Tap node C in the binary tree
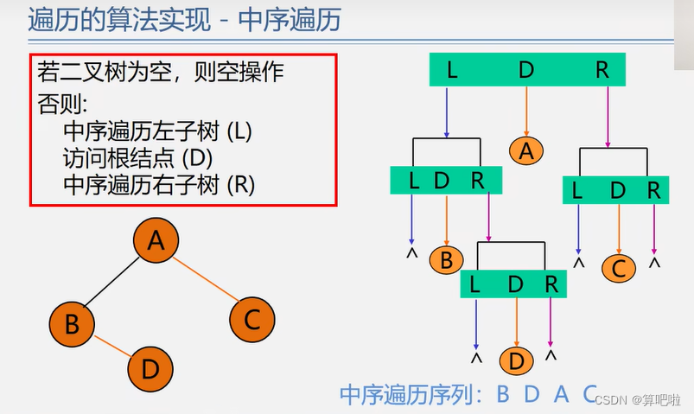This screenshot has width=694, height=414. pos(251,319)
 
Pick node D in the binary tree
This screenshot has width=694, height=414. pos(150,369)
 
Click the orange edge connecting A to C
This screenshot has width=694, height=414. pos(206,280)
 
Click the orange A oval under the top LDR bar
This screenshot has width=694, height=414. pos(526,150)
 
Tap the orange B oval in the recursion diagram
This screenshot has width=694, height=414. pos(446,259)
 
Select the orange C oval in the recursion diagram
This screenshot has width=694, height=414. pos(618,268)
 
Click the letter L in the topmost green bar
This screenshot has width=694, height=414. pos(451,70)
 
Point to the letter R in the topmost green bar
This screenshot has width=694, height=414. pos(602,70)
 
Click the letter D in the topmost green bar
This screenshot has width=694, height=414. pos(526,70)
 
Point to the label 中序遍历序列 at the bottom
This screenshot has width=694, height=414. pos(411,395)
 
